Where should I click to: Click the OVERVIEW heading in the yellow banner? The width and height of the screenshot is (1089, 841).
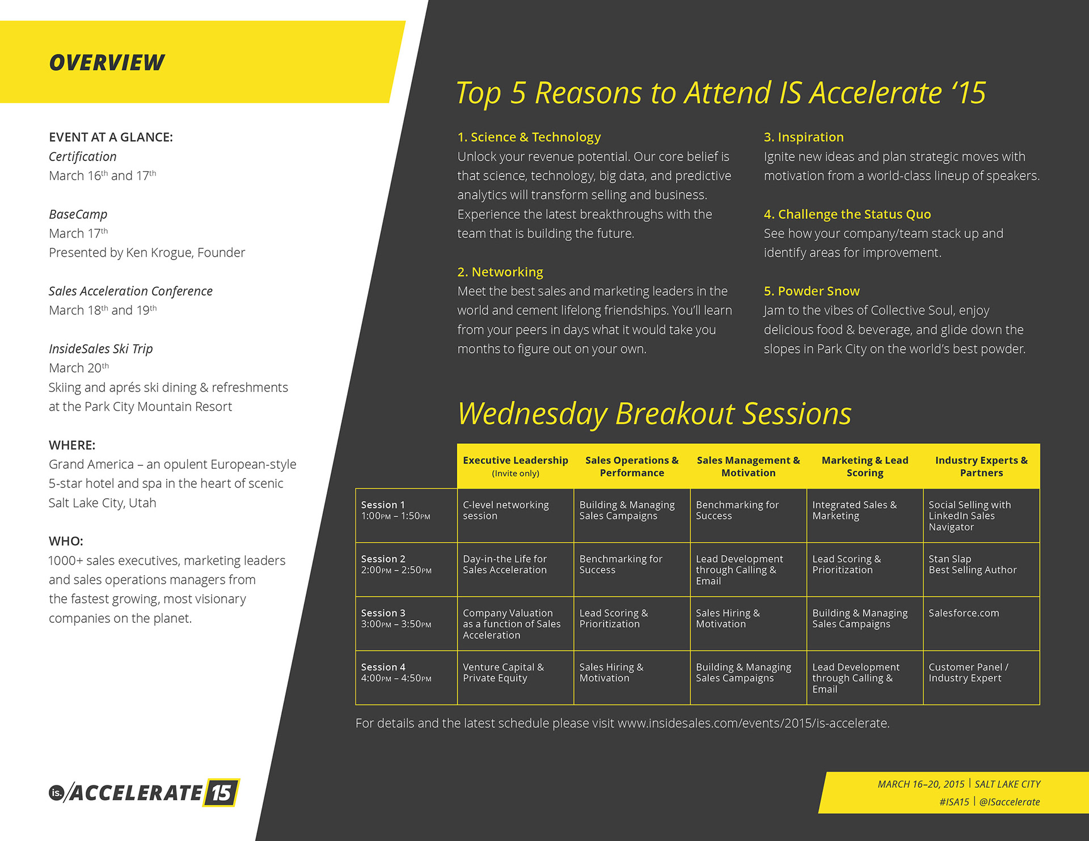107,62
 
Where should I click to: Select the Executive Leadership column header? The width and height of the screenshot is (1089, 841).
515,466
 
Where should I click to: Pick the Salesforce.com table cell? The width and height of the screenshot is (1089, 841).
981,623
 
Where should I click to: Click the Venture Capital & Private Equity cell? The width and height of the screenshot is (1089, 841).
515,677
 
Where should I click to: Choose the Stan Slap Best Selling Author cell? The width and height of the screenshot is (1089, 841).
981,570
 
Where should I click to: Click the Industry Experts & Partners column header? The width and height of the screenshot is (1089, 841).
981,466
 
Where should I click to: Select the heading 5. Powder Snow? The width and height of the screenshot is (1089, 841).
812,291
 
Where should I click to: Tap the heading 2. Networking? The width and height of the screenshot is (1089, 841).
500,272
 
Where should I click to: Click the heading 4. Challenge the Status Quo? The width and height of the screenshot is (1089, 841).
847,214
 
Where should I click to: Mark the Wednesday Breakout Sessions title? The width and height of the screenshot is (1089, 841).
655,414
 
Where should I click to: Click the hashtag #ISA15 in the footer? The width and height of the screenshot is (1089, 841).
954,802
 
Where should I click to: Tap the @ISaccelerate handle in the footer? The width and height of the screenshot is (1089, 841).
1010,802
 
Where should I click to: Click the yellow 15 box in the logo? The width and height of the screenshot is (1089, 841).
222,792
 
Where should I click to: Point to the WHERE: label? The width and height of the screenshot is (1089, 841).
72,445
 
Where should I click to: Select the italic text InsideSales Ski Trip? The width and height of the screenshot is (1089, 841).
101,349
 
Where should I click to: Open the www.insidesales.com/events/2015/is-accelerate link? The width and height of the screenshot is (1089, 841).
753,724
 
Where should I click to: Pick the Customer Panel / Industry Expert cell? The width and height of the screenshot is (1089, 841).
981,677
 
